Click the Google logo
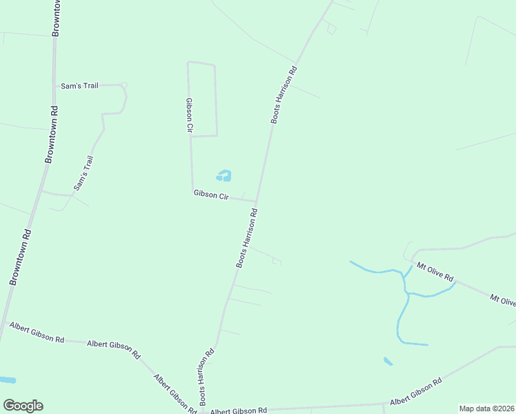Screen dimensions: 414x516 23,406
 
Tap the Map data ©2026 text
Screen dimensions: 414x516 487,408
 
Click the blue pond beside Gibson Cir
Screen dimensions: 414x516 224,176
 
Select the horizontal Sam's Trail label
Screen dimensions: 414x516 80,86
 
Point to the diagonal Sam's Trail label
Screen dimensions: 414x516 83,173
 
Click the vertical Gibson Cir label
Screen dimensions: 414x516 188,114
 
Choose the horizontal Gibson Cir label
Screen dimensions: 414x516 211,196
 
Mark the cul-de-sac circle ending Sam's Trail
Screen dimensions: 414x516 124,86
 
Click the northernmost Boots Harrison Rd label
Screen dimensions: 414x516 284,95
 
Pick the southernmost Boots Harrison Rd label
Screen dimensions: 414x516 207,376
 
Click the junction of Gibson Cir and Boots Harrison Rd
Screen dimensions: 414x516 257,202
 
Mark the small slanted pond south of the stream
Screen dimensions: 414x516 388,361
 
